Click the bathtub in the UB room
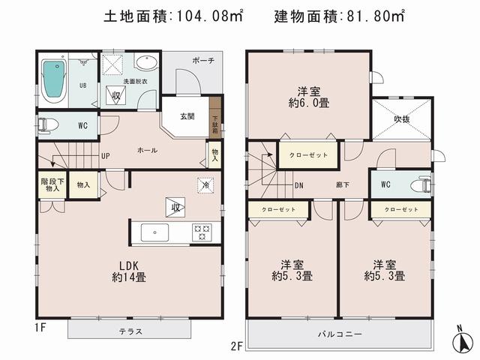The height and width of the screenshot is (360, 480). coord(52,80)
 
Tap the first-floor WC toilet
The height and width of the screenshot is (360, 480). coord(46,124)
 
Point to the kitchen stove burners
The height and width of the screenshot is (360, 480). coord(202,232)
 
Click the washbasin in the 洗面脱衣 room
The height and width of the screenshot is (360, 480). coord(147,63)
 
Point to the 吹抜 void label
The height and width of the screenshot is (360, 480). coord(403,118)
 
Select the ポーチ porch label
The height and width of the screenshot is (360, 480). coord(202,60)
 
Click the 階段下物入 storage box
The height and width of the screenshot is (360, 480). coord(51,185)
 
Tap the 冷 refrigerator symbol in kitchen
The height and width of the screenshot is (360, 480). coord(204,183)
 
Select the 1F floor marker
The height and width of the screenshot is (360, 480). coord(41,327)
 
